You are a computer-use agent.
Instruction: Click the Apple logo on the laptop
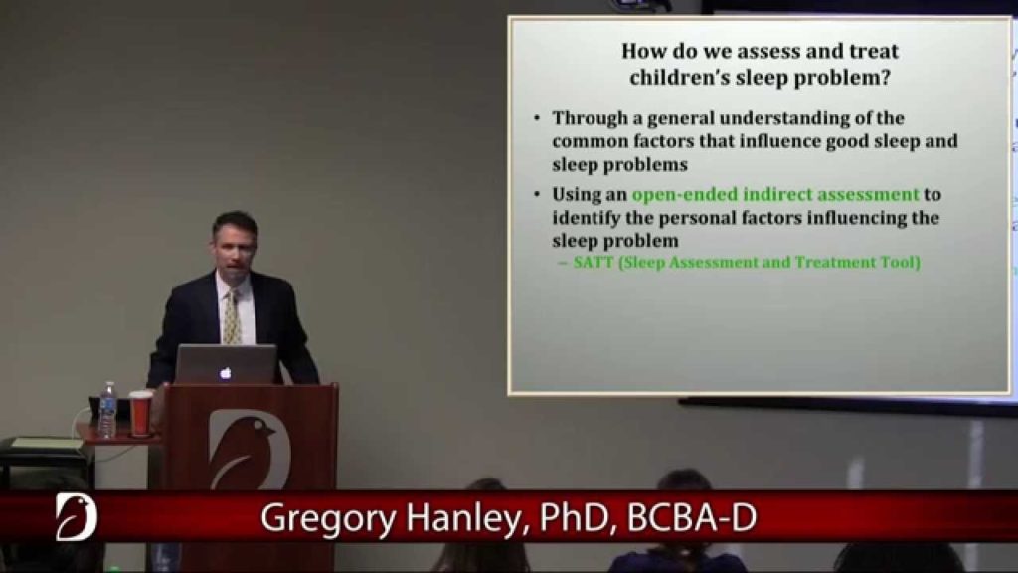[x=226, y=373]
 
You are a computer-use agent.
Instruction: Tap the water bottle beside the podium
[x=107, y=410]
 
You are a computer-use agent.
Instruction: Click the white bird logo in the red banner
[x=76, y=517]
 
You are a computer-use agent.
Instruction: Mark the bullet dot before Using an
[x=537, y=194]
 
